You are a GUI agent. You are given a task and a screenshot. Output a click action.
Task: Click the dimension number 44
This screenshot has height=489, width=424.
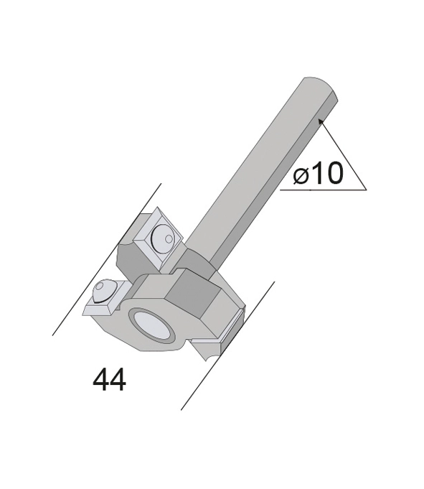coord(109,380)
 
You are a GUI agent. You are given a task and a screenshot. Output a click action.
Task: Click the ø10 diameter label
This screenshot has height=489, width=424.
coord(318,173)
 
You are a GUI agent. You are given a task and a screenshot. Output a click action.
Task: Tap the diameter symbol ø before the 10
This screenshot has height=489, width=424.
coord(300,177)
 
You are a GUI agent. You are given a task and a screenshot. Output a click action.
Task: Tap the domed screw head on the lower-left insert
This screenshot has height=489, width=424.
coord(103,291)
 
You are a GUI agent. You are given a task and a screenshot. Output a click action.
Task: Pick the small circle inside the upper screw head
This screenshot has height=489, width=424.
coord(169,239)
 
